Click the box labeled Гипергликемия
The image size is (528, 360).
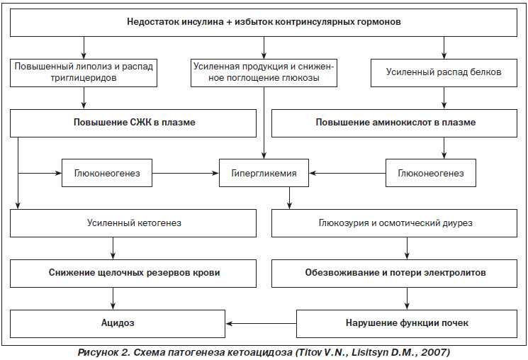(264, 173)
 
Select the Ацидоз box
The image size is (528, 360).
(118, 324)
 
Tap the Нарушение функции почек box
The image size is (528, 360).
(406, 324)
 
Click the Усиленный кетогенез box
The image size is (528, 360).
(133, 223)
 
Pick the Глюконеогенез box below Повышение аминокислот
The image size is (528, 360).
(431, 173)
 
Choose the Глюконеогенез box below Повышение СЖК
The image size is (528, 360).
(107, 173)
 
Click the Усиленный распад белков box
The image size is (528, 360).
(444, 73)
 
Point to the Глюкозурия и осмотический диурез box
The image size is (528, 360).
(394, 223)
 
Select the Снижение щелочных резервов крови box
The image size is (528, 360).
(133, 273)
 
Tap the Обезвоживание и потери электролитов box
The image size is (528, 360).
(394, 273)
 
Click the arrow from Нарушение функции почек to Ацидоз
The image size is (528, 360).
(261, 324)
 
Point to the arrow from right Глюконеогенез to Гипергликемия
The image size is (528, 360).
(347, 173)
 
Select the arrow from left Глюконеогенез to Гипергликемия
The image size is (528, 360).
(186, 173)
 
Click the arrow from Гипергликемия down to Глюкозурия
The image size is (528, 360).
(289, 198)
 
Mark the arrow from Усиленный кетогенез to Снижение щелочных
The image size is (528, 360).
(113, 248)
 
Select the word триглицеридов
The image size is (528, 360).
(84, 78)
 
